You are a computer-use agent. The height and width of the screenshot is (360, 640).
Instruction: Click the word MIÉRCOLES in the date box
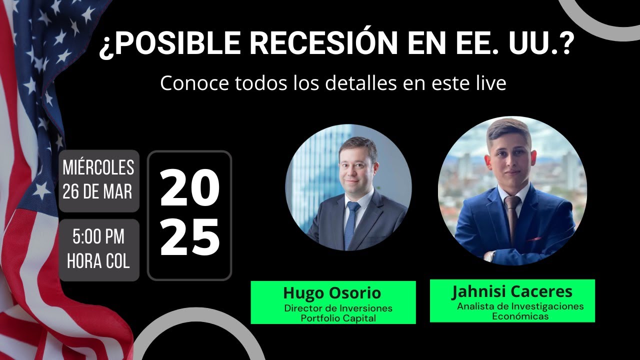click(98, 167)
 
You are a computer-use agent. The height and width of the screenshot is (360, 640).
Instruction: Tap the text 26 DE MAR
click(97, 191)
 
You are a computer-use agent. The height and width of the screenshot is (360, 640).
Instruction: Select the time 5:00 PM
click(98, 236)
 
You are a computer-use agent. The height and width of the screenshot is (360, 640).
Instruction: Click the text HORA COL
click(98, 260)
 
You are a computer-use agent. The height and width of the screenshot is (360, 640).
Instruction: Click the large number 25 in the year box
click(189, 237)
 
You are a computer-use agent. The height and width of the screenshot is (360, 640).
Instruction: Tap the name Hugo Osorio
click(332, 293)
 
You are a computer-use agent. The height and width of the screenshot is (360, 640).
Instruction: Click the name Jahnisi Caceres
click(512, 291)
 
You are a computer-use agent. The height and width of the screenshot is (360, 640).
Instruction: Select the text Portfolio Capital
click(338, 318)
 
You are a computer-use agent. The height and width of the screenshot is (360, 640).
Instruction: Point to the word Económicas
click(520, 316)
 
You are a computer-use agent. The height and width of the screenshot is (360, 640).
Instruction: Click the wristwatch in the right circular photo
click(489, 256)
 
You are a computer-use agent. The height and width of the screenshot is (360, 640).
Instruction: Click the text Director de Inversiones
click(338, 308)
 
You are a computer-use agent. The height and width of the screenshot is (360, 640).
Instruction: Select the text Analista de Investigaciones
click(520, 306)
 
